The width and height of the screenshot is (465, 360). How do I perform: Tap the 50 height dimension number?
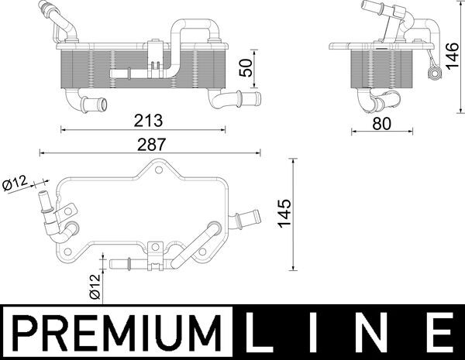pos(247,67)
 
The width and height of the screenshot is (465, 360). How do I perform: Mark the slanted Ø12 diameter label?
pos(16,183)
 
